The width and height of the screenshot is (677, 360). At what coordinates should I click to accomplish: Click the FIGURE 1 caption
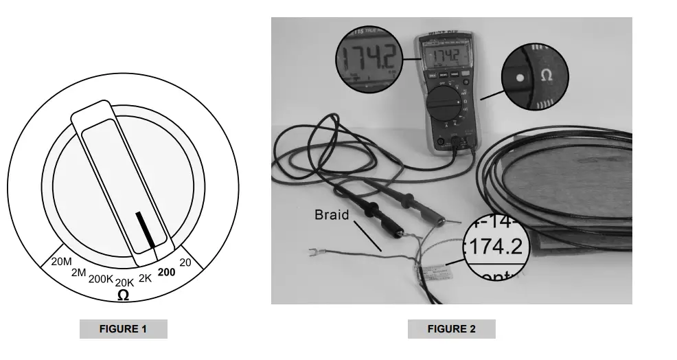click(x=123, y=329)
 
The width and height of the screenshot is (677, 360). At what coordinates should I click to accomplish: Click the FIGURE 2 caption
click(x=451, y=329)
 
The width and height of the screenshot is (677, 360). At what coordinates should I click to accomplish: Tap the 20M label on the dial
click(x=62, y=261)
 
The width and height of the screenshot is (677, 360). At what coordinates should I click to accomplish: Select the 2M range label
click(x=78, y=273)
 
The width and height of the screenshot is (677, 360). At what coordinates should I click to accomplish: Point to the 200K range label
click(x=101, y=279)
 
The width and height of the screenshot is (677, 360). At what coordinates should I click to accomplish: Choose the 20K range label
click(x=124, y=282)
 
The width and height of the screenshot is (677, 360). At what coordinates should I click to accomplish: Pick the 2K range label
click(x=145, y=278)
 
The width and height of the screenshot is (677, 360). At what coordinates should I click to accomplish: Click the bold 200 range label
click(x=166, y=272)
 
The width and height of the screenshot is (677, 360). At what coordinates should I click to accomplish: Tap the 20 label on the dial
click(x=185, y=262)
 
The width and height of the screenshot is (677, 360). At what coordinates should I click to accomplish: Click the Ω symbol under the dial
click(x=123, y=295)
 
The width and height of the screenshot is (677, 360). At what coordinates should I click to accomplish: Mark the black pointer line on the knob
click(x=146, y=229)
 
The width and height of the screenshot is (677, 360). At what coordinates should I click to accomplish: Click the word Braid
click(x=332, y=215)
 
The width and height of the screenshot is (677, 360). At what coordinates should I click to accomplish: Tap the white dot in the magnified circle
click(x=520, y=78)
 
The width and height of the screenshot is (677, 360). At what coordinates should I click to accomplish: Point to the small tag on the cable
click(x=431, y=275)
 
